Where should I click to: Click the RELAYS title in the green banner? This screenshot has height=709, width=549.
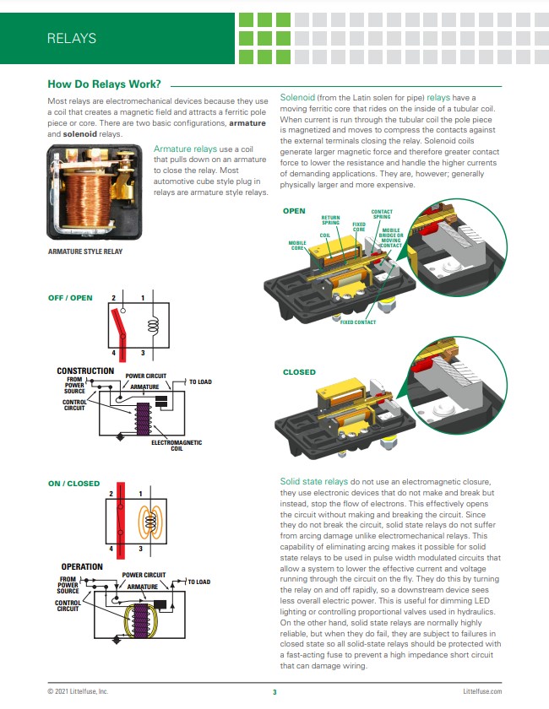click(x=72, y=38)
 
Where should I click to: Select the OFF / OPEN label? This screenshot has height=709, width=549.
click(x=71, y=296)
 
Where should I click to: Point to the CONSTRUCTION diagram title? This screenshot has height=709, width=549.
click(x=85, y=371)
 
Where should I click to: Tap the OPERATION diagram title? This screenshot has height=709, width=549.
click(x=82, y=566)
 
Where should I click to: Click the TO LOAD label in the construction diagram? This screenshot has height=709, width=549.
click(x=199, y=382)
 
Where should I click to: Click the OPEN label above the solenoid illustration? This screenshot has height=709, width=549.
click(x=294, y=211)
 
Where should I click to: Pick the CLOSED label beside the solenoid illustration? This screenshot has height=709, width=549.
click(x=299, y=371)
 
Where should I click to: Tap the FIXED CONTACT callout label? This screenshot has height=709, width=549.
click(x=358, y=322)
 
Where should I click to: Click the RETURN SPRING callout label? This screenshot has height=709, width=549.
click(x=330, y=220)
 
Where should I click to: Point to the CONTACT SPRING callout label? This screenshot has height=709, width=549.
click(x=382, y=214)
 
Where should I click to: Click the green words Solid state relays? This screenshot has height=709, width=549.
click(x=313, y=480)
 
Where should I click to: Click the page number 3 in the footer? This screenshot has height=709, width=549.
click(x=274, y=692)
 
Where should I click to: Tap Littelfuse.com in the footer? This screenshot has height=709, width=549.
click(x=482, y=692)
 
